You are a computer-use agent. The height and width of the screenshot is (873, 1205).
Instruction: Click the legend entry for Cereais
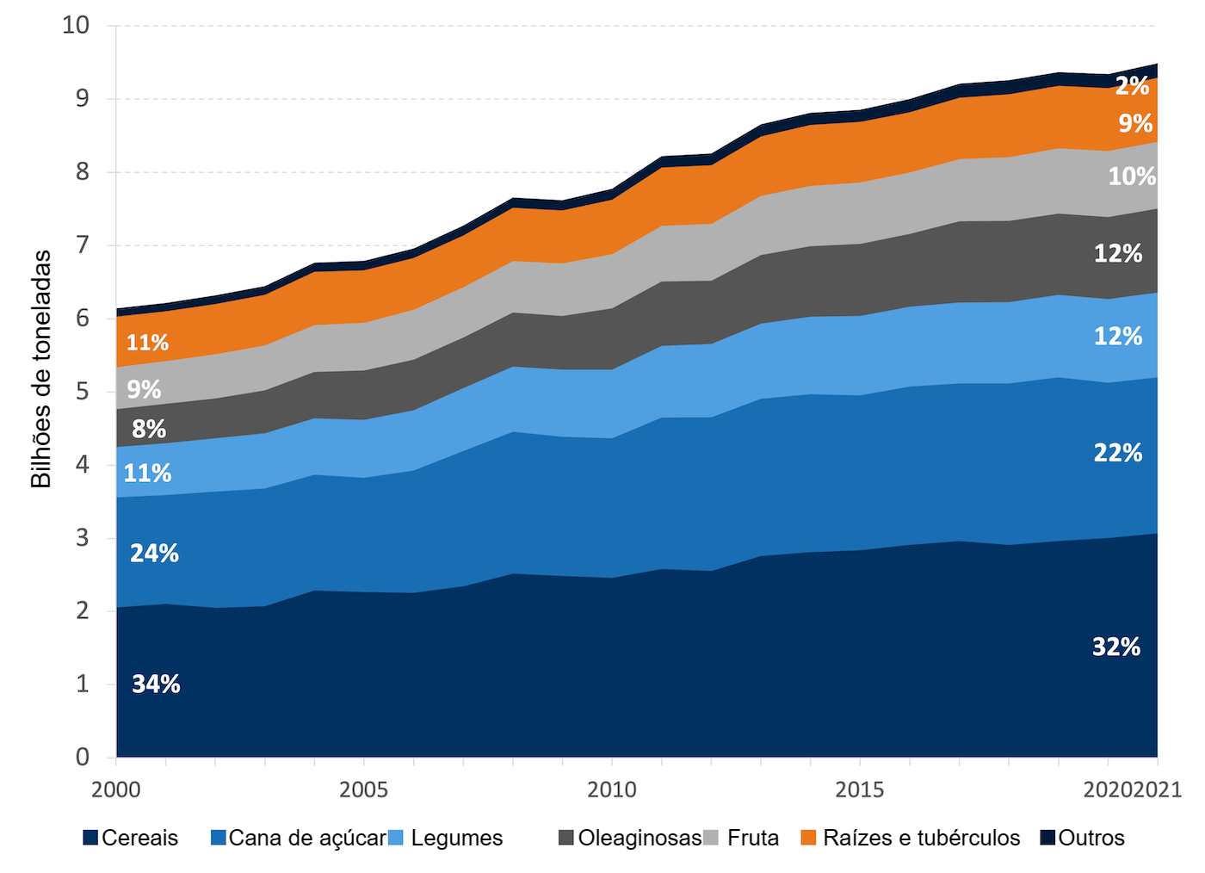(131, 838)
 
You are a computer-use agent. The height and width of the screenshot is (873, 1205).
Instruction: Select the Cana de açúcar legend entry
(298, 838)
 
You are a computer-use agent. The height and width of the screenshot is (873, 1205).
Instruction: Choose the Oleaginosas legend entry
(630, 838)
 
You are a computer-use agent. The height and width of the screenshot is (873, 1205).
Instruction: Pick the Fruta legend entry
(742, 838)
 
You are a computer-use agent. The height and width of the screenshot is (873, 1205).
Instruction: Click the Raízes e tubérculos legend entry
(911, 838)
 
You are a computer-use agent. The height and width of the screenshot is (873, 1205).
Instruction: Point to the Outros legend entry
(1082, 838)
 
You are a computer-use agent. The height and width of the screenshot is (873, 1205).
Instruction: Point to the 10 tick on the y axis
(76, 25)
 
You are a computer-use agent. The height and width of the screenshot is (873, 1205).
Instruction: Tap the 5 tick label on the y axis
(83, 392)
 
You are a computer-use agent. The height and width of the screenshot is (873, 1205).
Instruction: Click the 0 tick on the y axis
(83, 757)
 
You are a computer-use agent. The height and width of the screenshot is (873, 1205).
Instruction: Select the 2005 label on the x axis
(363, 789)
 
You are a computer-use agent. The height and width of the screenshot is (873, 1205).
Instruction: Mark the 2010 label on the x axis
(611, 789)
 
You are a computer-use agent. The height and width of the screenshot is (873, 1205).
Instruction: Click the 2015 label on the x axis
(859, 789)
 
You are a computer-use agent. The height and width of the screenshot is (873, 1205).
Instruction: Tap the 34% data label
(156, 684)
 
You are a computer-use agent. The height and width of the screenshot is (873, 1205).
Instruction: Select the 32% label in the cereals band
(1116, 647)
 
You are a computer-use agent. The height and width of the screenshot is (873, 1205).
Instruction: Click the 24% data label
(154, 553)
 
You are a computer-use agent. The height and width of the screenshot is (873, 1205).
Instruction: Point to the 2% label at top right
(1132, 86)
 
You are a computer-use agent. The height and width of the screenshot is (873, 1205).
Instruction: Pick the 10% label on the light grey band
(1131, 176)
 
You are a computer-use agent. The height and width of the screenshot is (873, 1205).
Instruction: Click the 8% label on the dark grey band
(149, 429)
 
